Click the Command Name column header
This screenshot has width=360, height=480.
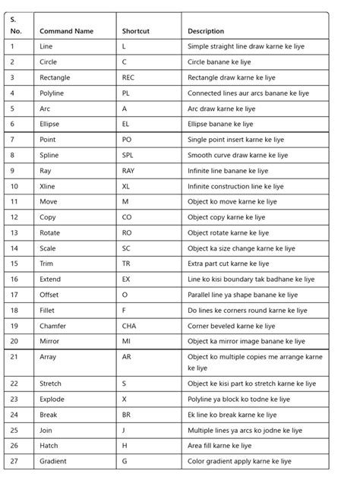tap(66, 31)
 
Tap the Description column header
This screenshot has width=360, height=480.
tap(206, 31)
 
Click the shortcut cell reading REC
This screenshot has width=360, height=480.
tap(128, 77)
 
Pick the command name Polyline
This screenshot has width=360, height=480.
tap(52, 93)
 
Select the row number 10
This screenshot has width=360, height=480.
tap(15, 186)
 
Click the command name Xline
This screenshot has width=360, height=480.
tap(48, 186)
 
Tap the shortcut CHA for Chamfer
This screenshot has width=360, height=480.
tap(128, 326)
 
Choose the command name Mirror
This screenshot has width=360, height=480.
tap(49, 342)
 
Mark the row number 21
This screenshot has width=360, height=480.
tap(15, 356)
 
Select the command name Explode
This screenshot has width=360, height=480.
tap(51, 399)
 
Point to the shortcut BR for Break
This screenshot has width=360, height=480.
tap(126, 415)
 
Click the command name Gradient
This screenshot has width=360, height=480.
tap(52, 461)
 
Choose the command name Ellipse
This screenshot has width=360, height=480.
tap(50, 124)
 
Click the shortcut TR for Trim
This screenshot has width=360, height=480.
tap(126, 264)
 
